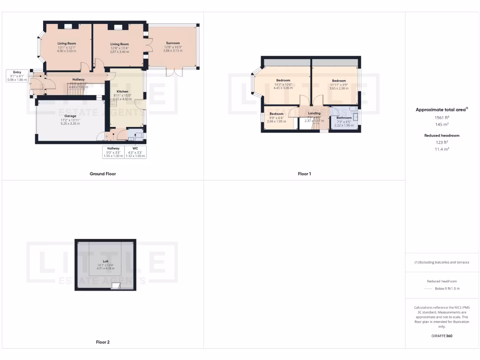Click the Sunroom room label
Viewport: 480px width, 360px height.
click(x=172, y=43)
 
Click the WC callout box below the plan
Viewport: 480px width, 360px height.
click(x=136, y=152)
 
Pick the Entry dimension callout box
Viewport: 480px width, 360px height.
click(x=17, y=76)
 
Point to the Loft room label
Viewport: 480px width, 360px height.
click(x=105, y=261)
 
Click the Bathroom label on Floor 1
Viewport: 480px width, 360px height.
click(x=344, y=118)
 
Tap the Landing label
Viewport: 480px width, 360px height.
click(x=314, y=113)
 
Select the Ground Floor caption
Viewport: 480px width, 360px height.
click(x=103, y=174)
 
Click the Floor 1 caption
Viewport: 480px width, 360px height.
click(x=304, y=174)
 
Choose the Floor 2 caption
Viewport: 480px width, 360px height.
click(x=103, y=342)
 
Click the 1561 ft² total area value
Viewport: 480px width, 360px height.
click(x=442, y=118)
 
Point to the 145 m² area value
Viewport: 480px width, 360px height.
click(x=442, y=125)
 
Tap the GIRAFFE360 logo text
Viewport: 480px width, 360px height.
click(x=442, y=336)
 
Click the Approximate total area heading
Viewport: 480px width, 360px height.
click(x=441, y=110)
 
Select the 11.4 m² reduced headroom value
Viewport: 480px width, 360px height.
click(x=442, y=149)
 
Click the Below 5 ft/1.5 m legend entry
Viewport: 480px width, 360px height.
click(x=447, y=289)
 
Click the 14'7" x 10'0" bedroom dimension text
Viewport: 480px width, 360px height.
click(x=283, y=84)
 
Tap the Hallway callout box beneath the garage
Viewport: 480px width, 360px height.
click(x=113, y=152)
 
